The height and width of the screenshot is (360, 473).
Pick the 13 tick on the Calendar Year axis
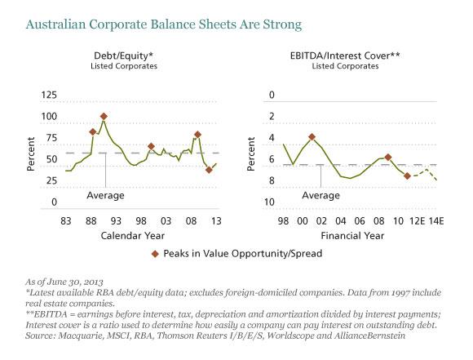216,222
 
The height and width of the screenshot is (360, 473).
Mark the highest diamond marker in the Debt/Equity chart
104,117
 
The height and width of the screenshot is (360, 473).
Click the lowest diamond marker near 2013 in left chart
210,170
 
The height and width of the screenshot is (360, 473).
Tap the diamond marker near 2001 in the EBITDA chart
312,137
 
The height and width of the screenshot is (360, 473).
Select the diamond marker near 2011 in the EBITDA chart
407,176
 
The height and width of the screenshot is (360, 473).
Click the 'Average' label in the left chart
105,196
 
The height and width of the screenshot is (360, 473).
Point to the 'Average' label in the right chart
320,196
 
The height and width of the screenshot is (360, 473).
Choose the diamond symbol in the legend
157,254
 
